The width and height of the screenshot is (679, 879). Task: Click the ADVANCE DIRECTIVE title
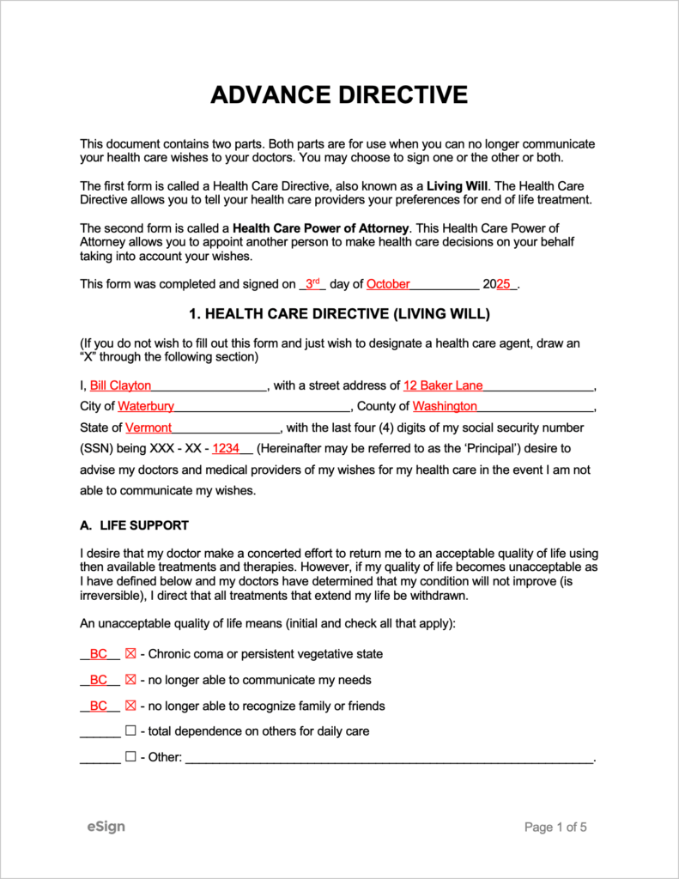[x=339, y=94]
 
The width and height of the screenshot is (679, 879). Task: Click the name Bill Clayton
[x=120, y=385]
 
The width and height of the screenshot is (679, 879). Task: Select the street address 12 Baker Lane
[x=443, y=385]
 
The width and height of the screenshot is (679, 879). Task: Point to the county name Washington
[x=445, y=406]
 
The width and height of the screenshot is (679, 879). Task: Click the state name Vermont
[x=149, y=427]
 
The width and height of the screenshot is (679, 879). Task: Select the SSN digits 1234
[x=226, y=448]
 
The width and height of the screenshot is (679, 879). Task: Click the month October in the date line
[x=388, y=284]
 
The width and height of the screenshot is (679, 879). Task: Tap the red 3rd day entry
[x=312, y=283]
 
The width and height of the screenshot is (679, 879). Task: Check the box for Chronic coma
[x=130, y=654]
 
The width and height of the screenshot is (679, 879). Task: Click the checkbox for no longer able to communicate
[x=130, y=680]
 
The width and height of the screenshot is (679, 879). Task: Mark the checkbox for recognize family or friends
[x=130, y=706]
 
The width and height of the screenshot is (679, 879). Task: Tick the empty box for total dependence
[x=130, y=731]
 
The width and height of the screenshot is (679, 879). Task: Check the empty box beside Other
[x=130, y=758]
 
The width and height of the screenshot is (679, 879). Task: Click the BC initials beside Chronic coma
[x=99, y=654]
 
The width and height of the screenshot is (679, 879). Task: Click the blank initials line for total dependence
[x=100, y=733]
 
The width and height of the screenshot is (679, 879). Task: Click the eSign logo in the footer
[x=106, y=827]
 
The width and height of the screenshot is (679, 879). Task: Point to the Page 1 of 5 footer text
[x=555, y=827]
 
